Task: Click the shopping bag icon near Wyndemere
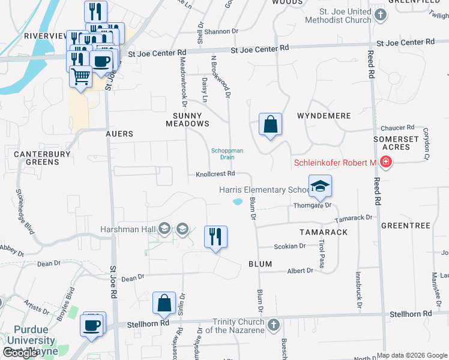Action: coord(270,124)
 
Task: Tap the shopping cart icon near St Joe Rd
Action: coord(80,77)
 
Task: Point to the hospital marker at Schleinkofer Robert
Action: coord(385,163)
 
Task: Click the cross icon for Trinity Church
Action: coord(274,325)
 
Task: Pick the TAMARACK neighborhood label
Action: coord(324,232)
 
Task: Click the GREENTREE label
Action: coord(406,226)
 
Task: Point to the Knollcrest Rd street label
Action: coord(215,174)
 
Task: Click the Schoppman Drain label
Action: coord(227,154)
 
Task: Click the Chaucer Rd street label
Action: coord(398,128)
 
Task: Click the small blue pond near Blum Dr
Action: coord(238,202)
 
